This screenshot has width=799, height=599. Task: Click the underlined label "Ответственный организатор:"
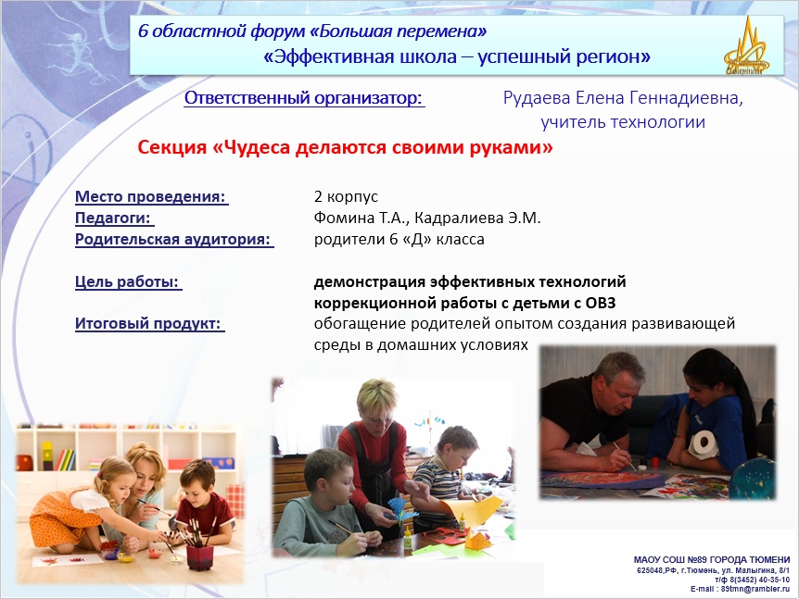coord(304,98)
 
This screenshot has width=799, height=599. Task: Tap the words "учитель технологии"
coord(623,122)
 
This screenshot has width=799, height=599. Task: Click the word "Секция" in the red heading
coord(171,147)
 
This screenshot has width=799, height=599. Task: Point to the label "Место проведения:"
coord(151,196)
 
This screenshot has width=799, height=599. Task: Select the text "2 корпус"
coord(346,196)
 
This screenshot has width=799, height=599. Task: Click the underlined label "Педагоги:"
coord(113,218)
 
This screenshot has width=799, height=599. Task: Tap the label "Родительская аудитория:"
coord(173,239)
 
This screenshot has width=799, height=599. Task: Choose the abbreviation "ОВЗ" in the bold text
coord(601,303)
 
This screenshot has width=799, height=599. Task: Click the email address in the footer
coord(755,589)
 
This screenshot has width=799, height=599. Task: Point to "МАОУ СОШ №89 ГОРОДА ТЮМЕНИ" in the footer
coord(712,560)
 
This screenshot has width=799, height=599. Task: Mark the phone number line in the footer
coord(752,580)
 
